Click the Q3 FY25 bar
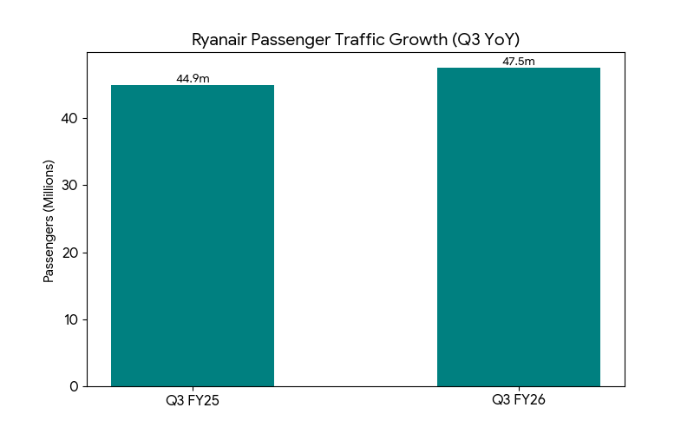(193, 235)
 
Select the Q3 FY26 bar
(518, 227)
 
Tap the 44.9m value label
(193, 79)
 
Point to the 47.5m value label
(518, 62)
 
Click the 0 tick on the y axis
(73, 386)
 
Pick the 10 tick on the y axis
(69, 319)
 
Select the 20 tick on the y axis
(69, 253)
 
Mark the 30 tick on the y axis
(69, 186)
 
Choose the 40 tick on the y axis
(69, 119)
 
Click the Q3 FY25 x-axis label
(193, 401)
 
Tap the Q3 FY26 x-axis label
(518, 400)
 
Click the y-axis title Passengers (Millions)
(49, 220)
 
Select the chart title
(356, 40)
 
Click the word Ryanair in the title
(220, 40)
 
